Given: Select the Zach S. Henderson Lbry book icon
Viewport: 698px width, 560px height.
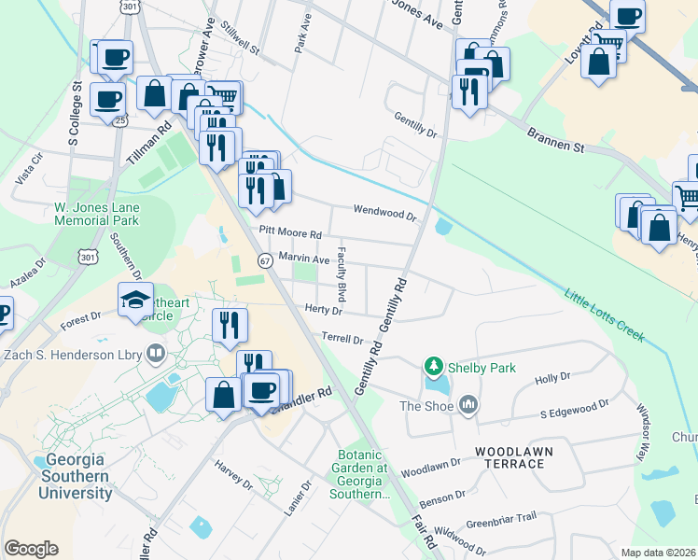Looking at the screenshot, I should (x=156, y=353).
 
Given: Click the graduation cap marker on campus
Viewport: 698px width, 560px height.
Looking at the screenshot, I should (x=135, y=301).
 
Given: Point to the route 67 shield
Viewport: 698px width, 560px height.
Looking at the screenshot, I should (x=265, y=260).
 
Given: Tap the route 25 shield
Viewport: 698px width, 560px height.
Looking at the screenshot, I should (x=120, y=120).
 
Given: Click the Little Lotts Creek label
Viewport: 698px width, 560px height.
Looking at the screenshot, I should (x=604, y=316).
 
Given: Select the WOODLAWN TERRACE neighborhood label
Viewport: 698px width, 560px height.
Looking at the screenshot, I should (x=513, y=457).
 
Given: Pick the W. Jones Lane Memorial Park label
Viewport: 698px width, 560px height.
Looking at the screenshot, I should (x=96, y=214).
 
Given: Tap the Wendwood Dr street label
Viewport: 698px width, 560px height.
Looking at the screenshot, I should (x=384, y=214).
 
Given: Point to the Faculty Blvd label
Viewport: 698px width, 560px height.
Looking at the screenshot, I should (x=342, y=273).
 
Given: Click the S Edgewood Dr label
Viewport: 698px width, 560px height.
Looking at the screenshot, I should (x=574, y=408).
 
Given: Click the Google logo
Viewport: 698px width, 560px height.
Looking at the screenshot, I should (x=31, y=549).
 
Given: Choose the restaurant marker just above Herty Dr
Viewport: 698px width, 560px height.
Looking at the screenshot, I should (x=230, y=326).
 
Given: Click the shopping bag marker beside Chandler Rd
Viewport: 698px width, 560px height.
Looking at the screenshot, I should (x=225, y=394).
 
